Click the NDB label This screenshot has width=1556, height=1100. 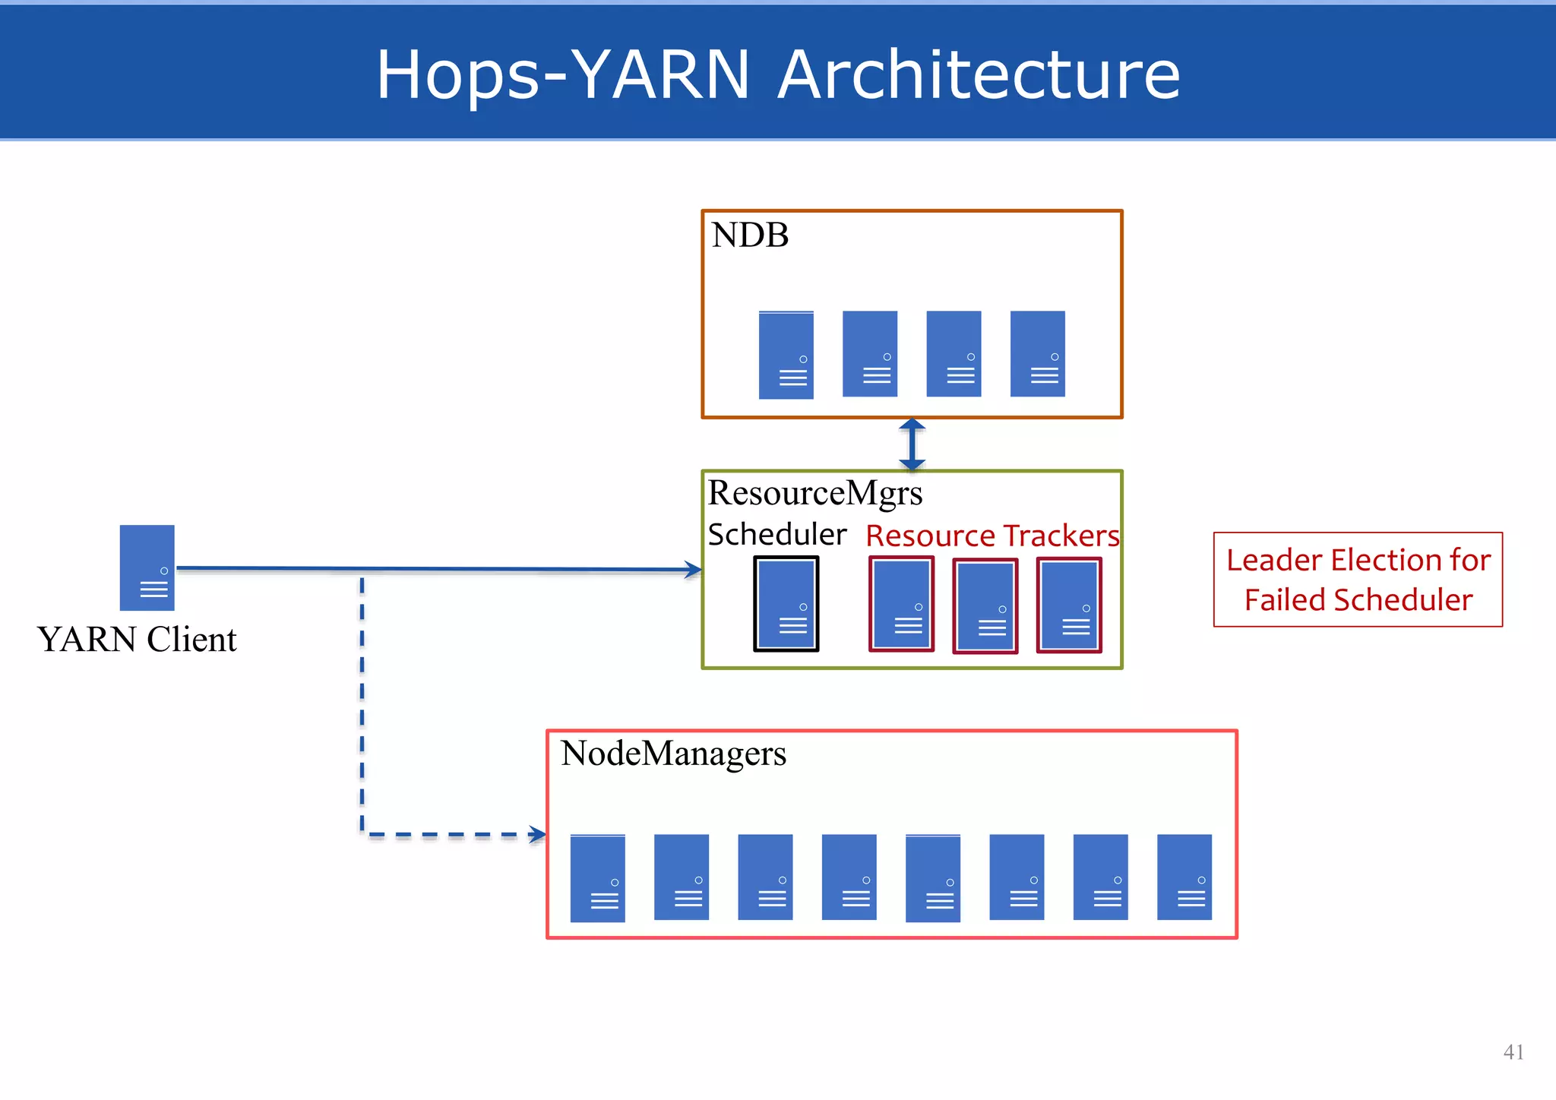pos(749,235)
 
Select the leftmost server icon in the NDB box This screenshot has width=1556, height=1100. pos(786,355)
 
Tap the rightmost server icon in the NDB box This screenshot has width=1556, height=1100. pos(1037,353)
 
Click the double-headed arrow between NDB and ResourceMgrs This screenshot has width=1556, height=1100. pos(912,444)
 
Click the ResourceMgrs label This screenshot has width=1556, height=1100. pos(814,493)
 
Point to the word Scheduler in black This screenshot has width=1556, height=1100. pos(776,535)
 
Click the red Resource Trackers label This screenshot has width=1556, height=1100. pos(992,536)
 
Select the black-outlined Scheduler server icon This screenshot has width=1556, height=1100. pos(786,604)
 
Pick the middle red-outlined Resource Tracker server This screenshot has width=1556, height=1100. pos(985,606)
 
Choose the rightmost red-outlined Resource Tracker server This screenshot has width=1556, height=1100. pos(1068,605)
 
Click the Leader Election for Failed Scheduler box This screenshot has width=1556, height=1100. pos(1358,580)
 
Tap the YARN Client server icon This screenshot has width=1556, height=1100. pos(147,567)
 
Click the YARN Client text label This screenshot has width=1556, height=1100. pos(137,640)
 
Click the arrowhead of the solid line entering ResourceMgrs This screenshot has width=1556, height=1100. pos(693,570)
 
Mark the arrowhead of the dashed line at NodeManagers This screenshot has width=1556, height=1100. pos(538,835)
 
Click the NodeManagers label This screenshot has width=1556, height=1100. pos(673,754)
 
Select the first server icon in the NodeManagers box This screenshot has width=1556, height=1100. pos(597,878)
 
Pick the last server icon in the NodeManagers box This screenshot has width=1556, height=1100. pos(1184,877)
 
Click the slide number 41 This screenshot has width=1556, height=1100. pos(1513,1052)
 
